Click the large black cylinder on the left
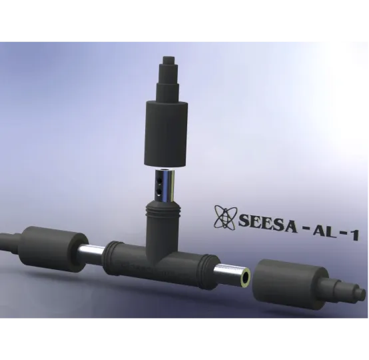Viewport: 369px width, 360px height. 51,247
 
